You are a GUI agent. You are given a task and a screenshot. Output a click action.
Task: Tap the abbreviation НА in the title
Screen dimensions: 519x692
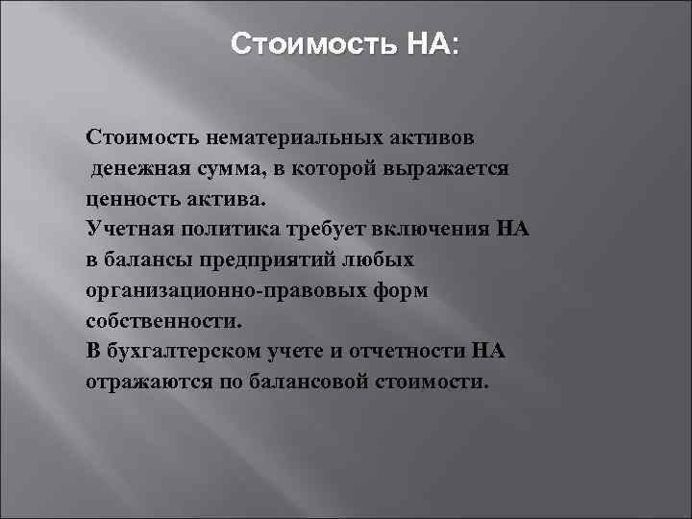[432, 45]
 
